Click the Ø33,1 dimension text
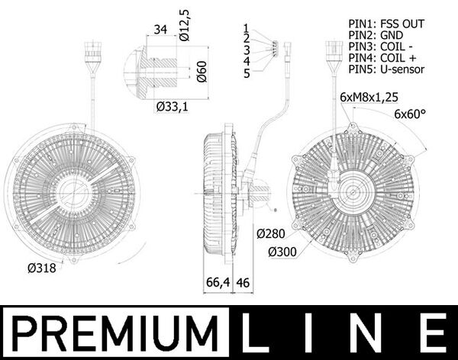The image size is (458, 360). (x=173, y=107)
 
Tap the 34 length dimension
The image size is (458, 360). (x=160, y=31)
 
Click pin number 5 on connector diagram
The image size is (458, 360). (x=247, y=73)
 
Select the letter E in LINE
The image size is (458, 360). (x=433, y=333)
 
